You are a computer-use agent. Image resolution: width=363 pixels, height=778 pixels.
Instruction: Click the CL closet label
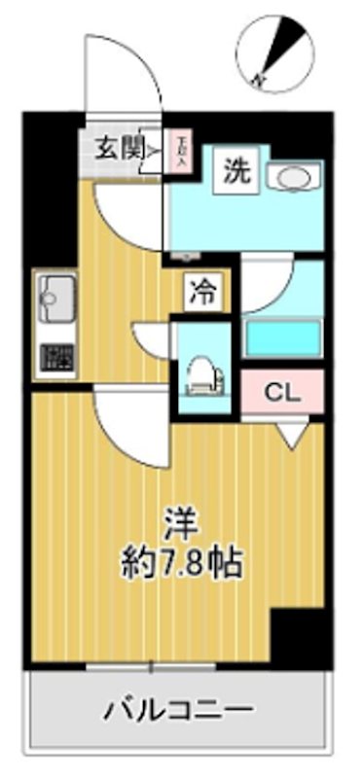(x=281, y=394)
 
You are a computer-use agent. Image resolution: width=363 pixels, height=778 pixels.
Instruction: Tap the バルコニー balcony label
(x=179, y=709)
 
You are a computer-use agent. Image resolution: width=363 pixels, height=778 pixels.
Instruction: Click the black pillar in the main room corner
(x=296, y=636)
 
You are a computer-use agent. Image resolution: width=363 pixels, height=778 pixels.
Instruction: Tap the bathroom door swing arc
(x=263, y=287)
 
